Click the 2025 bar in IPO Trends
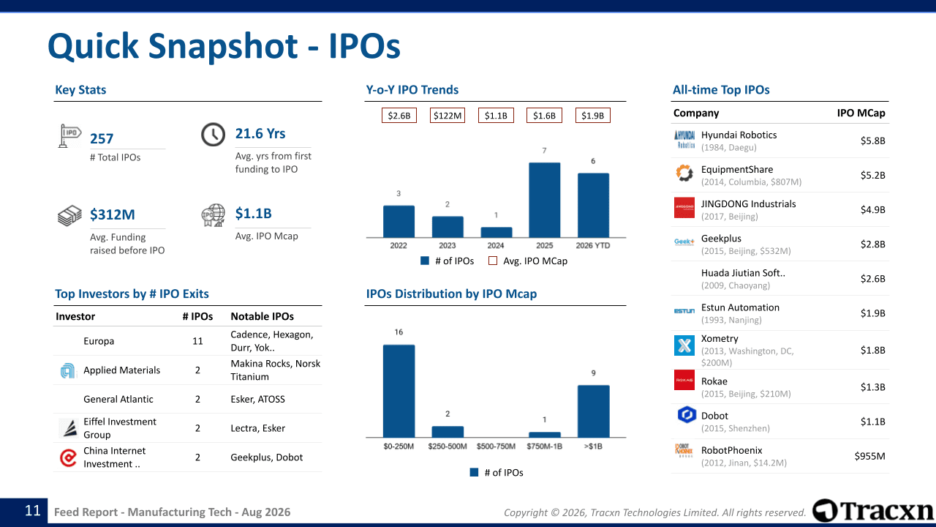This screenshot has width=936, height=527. coord(545,200)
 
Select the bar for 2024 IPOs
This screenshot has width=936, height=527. coord(496,232)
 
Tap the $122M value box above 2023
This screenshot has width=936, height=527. coord(447,116)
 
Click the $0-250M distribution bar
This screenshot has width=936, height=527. coord(399,391)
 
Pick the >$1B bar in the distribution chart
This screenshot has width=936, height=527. coord(593,411)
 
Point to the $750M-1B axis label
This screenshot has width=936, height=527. coord(545,446)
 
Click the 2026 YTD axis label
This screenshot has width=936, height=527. coord(593,245)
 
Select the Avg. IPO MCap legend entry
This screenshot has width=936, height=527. coord(528,261)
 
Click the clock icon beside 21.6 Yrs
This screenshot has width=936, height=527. coord(213,135)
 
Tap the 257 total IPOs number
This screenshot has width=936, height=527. coord(102,139)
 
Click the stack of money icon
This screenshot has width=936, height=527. coord(69,215)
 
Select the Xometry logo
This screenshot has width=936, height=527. coord(684,345)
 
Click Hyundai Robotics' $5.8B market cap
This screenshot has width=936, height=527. coord(872,141)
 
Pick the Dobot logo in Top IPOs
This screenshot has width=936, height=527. coord(687,415)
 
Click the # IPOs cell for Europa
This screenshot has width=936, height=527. coord(197,341)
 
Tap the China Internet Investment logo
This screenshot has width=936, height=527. coord(68,457)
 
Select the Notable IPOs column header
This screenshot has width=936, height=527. coord(262,316)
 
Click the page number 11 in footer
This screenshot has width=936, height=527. coord(33,511)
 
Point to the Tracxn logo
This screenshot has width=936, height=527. coord(872,511)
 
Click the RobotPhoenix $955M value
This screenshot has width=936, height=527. coord(869,456)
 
